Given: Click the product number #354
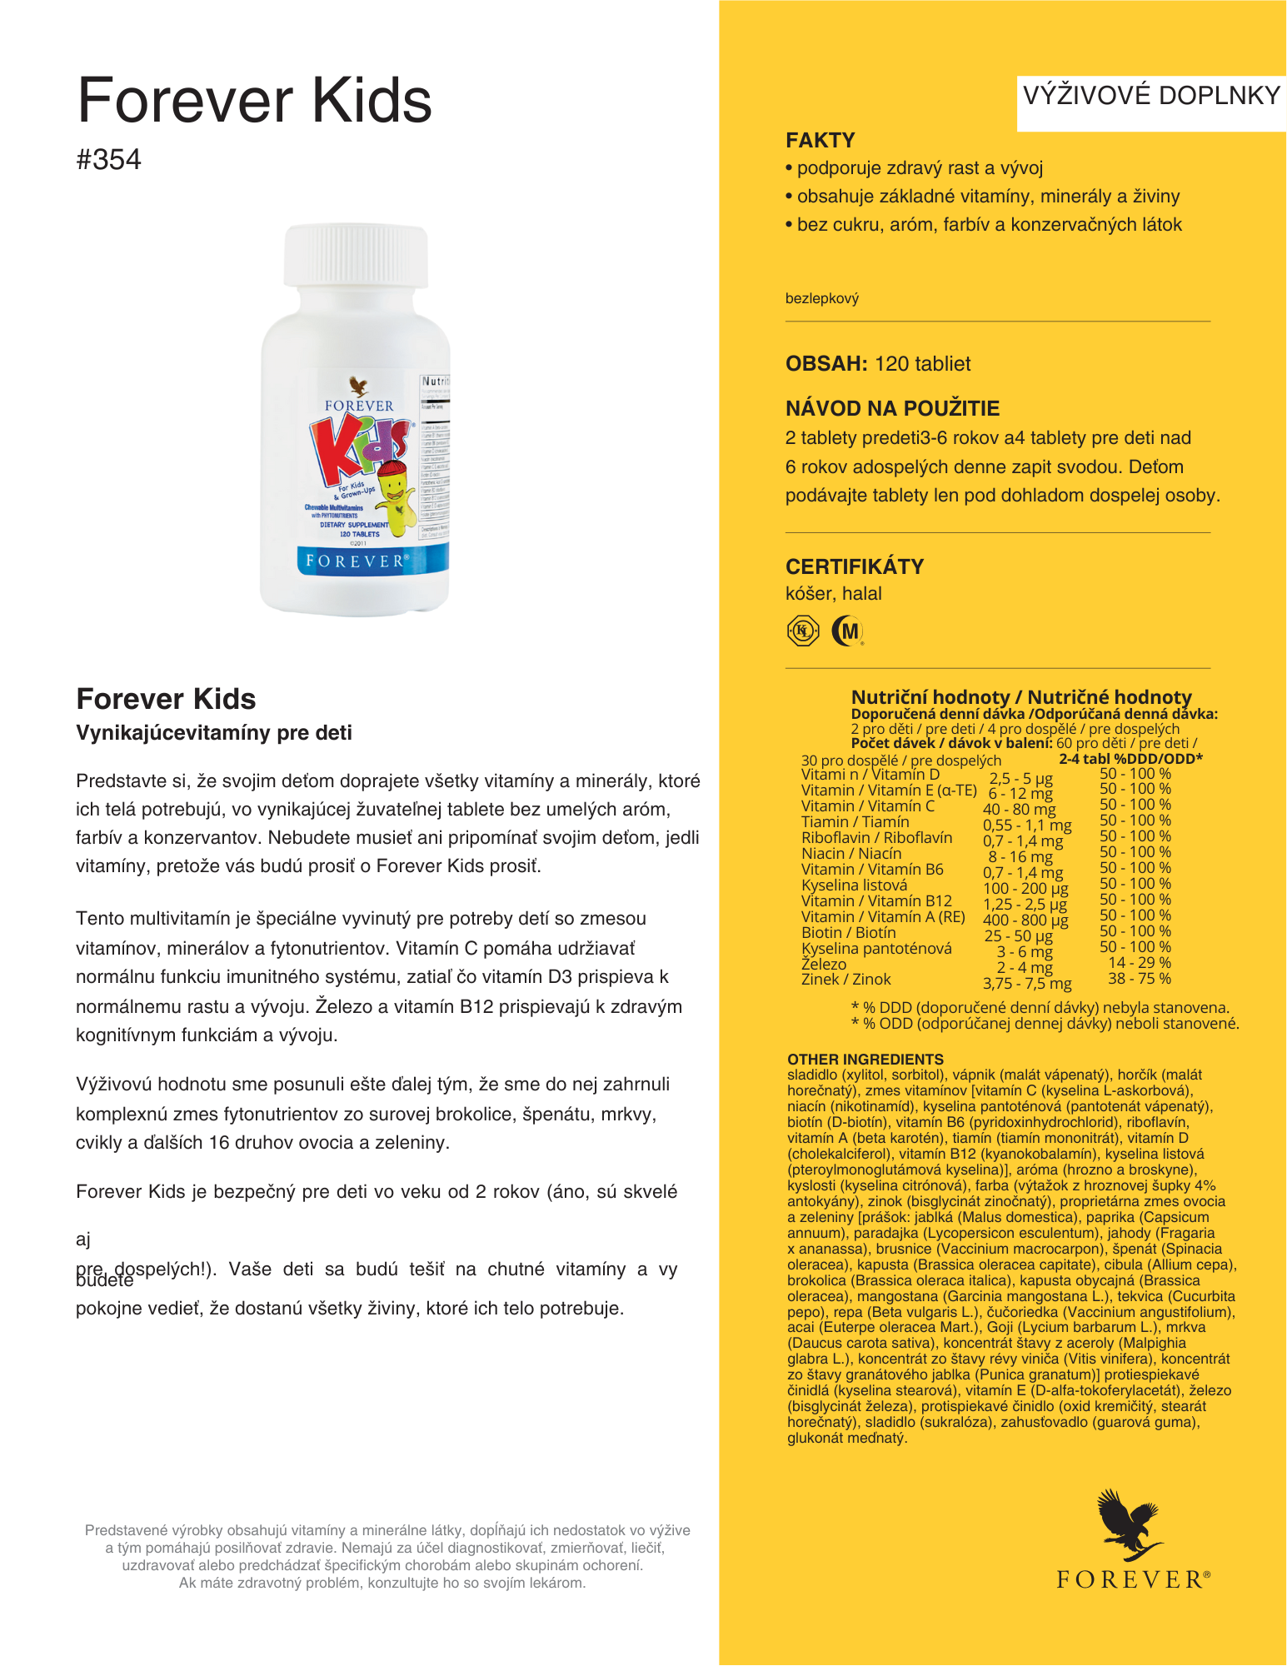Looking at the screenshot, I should click(108, 159).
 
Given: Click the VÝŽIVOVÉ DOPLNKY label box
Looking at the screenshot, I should click(1150, 96).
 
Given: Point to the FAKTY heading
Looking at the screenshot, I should click(821, 140).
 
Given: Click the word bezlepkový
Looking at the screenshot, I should click(822, 298).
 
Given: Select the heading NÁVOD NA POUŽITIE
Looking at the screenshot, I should click(892, 408).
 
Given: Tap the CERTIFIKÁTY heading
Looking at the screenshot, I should click(855, 566).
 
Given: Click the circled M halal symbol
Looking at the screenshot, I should click(848, 631).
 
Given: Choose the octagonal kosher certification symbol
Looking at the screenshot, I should click(803, 631).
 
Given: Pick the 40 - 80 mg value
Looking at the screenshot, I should click(1019, 809).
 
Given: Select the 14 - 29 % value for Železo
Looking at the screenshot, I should click(1139, 962).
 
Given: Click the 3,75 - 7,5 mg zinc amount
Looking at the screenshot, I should click(1026, 983).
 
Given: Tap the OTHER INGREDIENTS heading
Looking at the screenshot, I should click(865, 1059).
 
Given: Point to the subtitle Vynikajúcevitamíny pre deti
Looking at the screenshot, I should click(214, 732).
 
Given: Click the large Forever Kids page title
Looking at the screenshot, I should click(255, 100).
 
